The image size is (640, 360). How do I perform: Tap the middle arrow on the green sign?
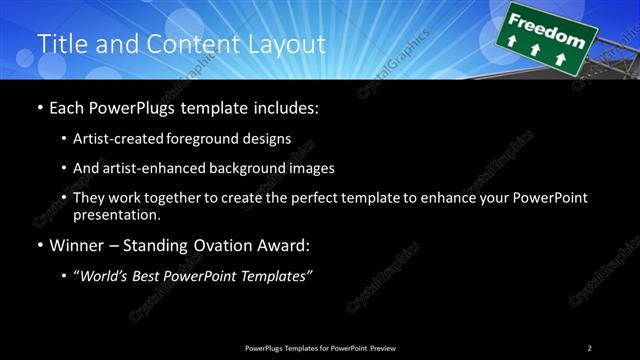point(536,49)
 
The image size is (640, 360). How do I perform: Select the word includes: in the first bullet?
point(284,107)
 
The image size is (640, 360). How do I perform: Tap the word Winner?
point(77,246)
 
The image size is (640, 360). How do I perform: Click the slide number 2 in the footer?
point(590,348)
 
